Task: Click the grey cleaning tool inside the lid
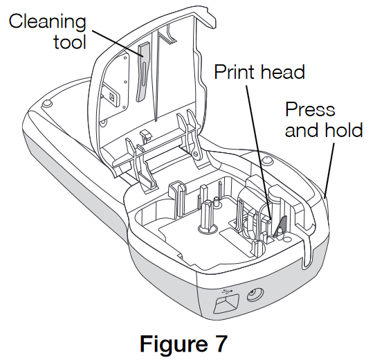(141, 69)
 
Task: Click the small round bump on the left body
(46, 103)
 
